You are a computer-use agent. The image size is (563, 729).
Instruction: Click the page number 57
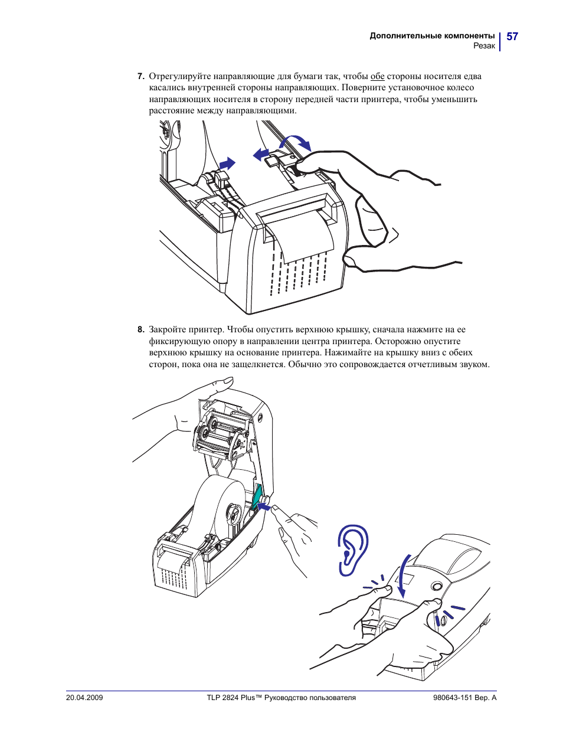(512, 37)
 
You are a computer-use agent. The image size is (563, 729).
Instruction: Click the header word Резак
(484, 46)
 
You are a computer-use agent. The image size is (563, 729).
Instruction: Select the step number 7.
(140, 76)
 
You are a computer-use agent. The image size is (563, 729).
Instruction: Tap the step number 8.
(140, 330)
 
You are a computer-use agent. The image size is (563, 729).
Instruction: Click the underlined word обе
(377, 76)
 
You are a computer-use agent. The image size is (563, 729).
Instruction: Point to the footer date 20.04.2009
(84, 698)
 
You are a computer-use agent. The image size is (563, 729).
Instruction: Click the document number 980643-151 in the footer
(453, 698)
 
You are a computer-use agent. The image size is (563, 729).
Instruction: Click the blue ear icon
(353, 550)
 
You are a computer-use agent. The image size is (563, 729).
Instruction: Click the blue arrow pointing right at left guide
(227, 164)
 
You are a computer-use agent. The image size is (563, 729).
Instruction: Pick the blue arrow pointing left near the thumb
(260, 155)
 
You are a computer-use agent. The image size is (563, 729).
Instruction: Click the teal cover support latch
(257, 496)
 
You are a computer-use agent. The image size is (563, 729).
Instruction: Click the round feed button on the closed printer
(437, 586)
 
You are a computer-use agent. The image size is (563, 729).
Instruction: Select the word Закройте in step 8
(169, 330)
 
